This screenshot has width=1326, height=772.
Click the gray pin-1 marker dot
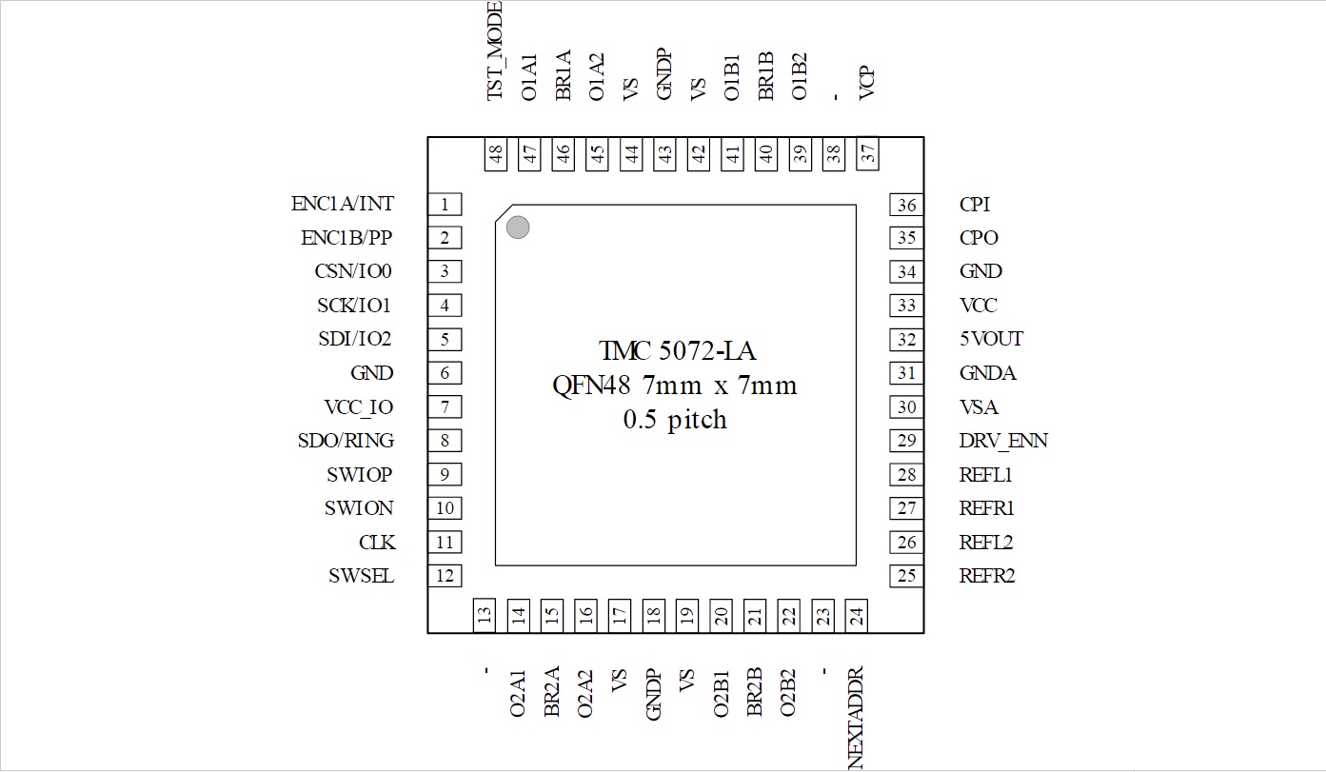coord(518,228)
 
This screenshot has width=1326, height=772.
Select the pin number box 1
coord(445,205)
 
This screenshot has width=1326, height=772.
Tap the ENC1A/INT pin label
coord(342,204)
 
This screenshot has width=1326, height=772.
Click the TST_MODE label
coord(494,50)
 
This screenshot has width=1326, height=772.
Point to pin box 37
coord(867,154)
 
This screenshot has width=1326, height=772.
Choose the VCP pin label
coord(866,83)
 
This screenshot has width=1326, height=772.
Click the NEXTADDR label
coord(856,718)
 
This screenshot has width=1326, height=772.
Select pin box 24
coord(857,616)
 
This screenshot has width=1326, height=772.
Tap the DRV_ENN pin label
coord(1003,441)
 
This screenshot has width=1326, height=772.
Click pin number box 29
coord(906,441)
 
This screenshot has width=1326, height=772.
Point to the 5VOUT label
coord(992,339)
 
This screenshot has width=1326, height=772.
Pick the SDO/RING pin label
coord(346,441)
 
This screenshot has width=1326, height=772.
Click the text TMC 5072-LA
coord(677,351)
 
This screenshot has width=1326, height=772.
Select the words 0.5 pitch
coord(675,420)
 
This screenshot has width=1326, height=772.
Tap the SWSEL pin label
coord(361,576)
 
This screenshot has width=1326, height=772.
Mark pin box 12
coord(445,576)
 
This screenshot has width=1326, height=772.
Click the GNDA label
coord(988,373)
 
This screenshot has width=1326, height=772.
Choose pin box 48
coord(496,154)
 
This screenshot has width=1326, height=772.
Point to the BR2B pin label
coord(754,692)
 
